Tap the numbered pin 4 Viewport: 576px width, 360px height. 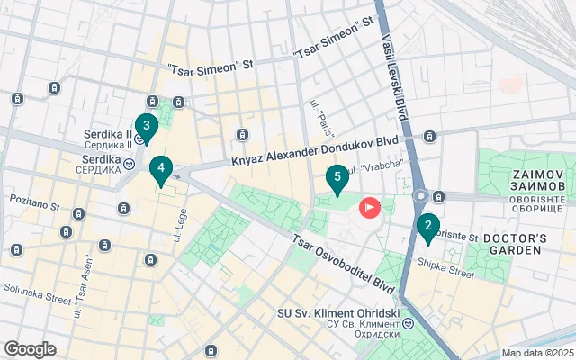160,168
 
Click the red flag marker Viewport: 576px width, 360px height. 370,208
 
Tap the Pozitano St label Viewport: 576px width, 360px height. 34,201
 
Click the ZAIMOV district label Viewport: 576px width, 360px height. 538,176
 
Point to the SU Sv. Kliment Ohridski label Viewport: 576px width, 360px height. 338,314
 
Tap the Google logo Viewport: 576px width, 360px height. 30,349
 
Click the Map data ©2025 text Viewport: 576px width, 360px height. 536,353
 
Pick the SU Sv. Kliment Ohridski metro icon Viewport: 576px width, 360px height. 408,322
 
